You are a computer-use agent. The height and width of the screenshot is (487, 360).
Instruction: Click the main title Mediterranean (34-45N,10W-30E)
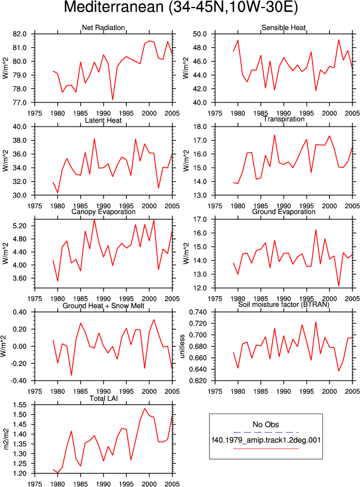click(181, 8)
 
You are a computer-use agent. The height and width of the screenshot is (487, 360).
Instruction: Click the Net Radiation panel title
click(103, 27)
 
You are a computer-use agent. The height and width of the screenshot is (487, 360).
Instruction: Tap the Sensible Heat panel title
click(284, 27)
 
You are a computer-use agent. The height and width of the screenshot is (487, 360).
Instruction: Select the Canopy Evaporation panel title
click(103, 212)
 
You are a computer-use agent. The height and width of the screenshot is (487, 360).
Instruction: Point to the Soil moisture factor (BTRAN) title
click(284, 304)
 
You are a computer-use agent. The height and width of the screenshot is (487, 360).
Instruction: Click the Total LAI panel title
click(104, 398)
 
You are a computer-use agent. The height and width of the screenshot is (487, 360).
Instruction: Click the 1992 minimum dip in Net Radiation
click(112, 100)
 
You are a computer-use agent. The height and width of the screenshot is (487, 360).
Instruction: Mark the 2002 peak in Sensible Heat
click(339, 40)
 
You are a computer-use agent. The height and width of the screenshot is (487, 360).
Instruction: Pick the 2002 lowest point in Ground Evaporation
click(339, 286)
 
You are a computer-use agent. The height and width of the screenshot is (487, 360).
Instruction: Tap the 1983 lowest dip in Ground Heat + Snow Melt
click(71, 375)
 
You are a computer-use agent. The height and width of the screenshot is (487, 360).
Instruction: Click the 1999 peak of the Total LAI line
click(145, 408)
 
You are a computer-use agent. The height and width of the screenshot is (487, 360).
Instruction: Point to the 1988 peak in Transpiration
click(274, 135)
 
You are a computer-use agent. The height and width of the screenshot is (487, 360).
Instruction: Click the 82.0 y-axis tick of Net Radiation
click(20, 34)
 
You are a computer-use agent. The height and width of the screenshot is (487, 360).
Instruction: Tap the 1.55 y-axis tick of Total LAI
click(20, 405)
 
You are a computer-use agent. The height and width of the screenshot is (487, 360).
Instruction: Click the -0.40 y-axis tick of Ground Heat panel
click(19, 381)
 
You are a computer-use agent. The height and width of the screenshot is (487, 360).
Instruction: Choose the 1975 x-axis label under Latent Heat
click(35, 206)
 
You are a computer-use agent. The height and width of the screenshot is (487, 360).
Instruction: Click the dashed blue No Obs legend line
click(266, 432)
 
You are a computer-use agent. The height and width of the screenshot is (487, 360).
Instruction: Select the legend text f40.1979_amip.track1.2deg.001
click(266, 440)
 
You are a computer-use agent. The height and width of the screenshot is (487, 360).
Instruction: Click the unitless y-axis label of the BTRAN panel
click(182, 346)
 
